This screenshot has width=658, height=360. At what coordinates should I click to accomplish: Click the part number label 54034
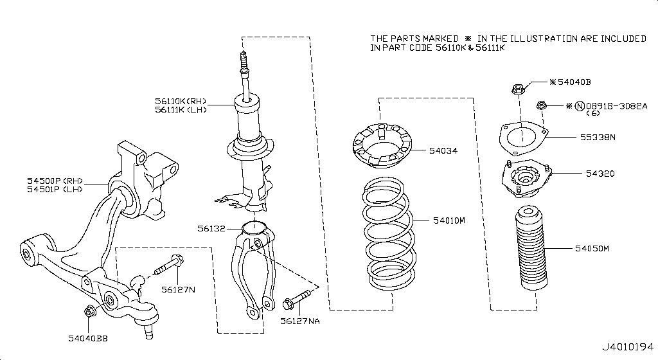pos(443,151)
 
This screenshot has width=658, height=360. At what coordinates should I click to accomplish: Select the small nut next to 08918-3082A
pos(541,105)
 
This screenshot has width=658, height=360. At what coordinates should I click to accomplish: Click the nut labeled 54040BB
pos(89,312)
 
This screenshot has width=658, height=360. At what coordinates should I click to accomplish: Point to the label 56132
pos(210,228)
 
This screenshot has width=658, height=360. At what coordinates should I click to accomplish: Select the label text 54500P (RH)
pos(54,181)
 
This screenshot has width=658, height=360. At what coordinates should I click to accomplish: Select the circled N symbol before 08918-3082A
pos(579,106)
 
